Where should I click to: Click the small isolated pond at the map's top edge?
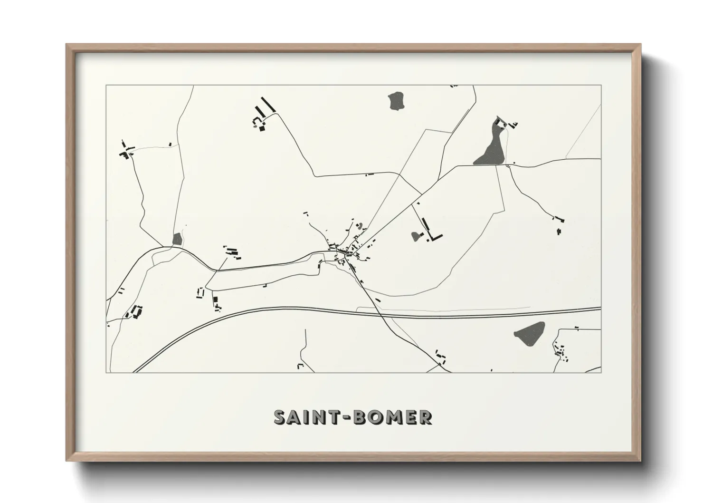pyautogui.click(x=396, y=101)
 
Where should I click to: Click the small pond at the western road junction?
pyautogui.click(x=178, y=239)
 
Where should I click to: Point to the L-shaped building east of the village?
pyautogui.click(x=433, y=230)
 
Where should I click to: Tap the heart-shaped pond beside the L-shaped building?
pyautogui.click(x=417, y=235)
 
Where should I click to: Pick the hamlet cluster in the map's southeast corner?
pyautogui.click(x=560, y=352)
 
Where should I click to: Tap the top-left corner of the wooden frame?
pyautogui.click(x=67, y=45)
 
